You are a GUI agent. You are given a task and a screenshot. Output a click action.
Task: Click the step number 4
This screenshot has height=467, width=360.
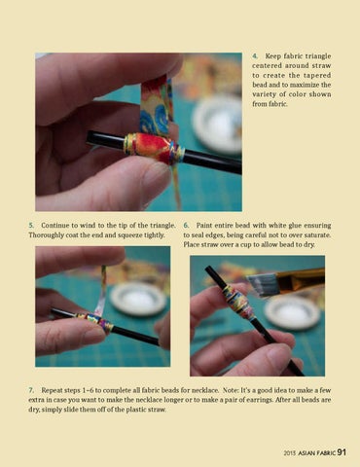click(x=255, y=56)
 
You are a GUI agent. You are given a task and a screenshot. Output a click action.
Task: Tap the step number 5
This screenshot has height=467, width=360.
click(x=31, y=225)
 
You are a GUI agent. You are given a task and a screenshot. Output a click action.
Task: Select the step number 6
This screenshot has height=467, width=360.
click(x=186, y=225)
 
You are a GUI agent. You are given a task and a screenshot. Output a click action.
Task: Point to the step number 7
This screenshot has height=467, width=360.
click(x=31, y=390)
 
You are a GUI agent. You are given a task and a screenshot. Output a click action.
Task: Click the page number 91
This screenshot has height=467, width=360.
click(x=342, y=452)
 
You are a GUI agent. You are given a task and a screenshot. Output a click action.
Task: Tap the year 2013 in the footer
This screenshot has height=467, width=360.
click(x=290, y=453)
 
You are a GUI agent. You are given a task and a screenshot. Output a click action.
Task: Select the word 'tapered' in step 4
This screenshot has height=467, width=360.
click(x=317, y=75)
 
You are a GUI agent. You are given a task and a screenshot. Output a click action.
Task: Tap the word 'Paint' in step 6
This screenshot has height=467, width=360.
click(x=204, y=225)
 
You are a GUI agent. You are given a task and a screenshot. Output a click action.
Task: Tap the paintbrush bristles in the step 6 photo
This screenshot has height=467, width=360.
click(x=259, y=284)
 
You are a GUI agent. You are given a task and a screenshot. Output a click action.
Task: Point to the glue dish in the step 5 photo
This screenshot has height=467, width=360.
click(x=138, y=299)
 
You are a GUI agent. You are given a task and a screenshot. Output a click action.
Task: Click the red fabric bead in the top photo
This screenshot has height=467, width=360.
click(x=153, y=147)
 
